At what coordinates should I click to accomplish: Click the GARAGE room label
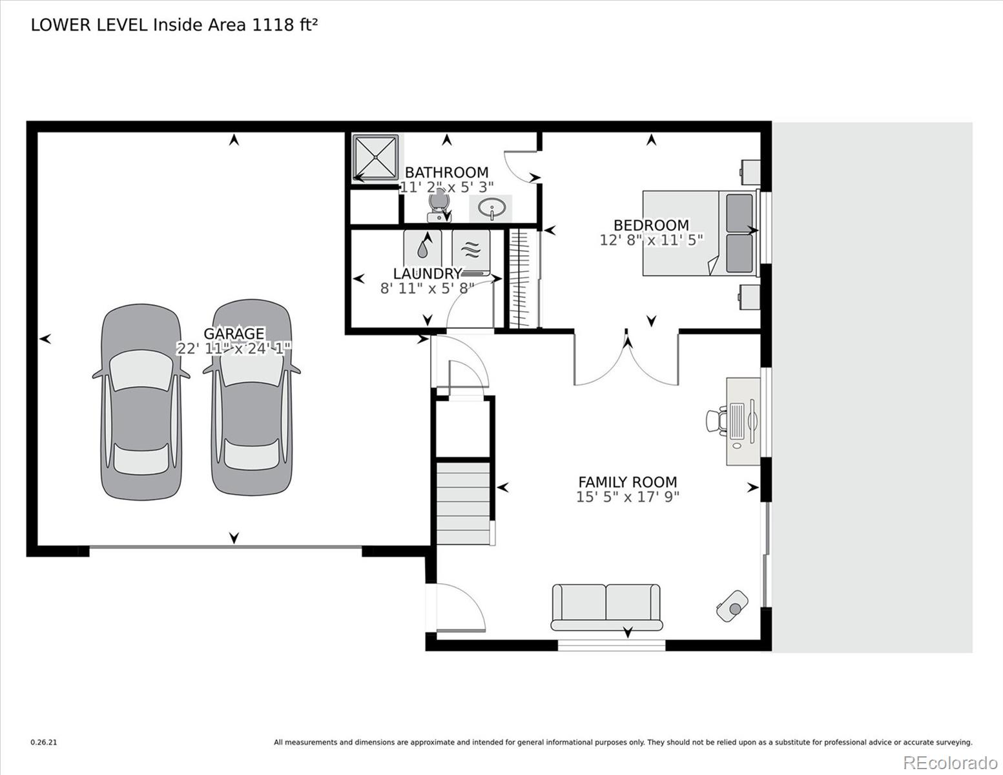[x=234, y=333]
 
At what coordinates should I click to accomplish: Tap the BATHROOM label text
[x=446, y=172]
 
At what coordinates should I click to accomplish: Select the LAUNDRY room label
[x=427, y=274]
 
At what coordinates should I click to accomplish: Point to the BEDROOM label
[x=651, y=225]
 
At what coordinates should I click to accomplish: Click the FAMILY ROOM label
[x=627, y=482]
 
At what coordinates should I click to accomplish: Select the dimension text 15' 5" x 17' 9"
[x=627, y=497]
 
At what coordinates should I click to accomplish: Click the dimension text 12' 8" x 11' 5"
[x=651, y=240]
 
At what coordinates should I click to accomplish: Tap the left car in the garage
[x=141, y=402]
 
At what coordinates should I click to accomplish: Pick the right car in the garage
[x=251, y=398]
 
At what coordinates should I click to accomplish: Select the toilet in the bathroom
[x=439, y=207]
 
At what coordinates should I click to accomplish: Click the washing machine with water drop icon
[x=422, y=247]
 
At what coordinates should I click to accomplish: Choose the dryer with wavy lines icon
[x=471, y=248]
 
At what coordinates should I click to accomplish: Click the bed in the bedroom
[x=698, y=232]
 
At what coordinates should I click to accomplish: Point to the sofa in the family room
[x=606, y=607]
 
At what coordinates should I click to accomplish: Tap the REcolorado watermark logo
[x=949, y=762]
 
